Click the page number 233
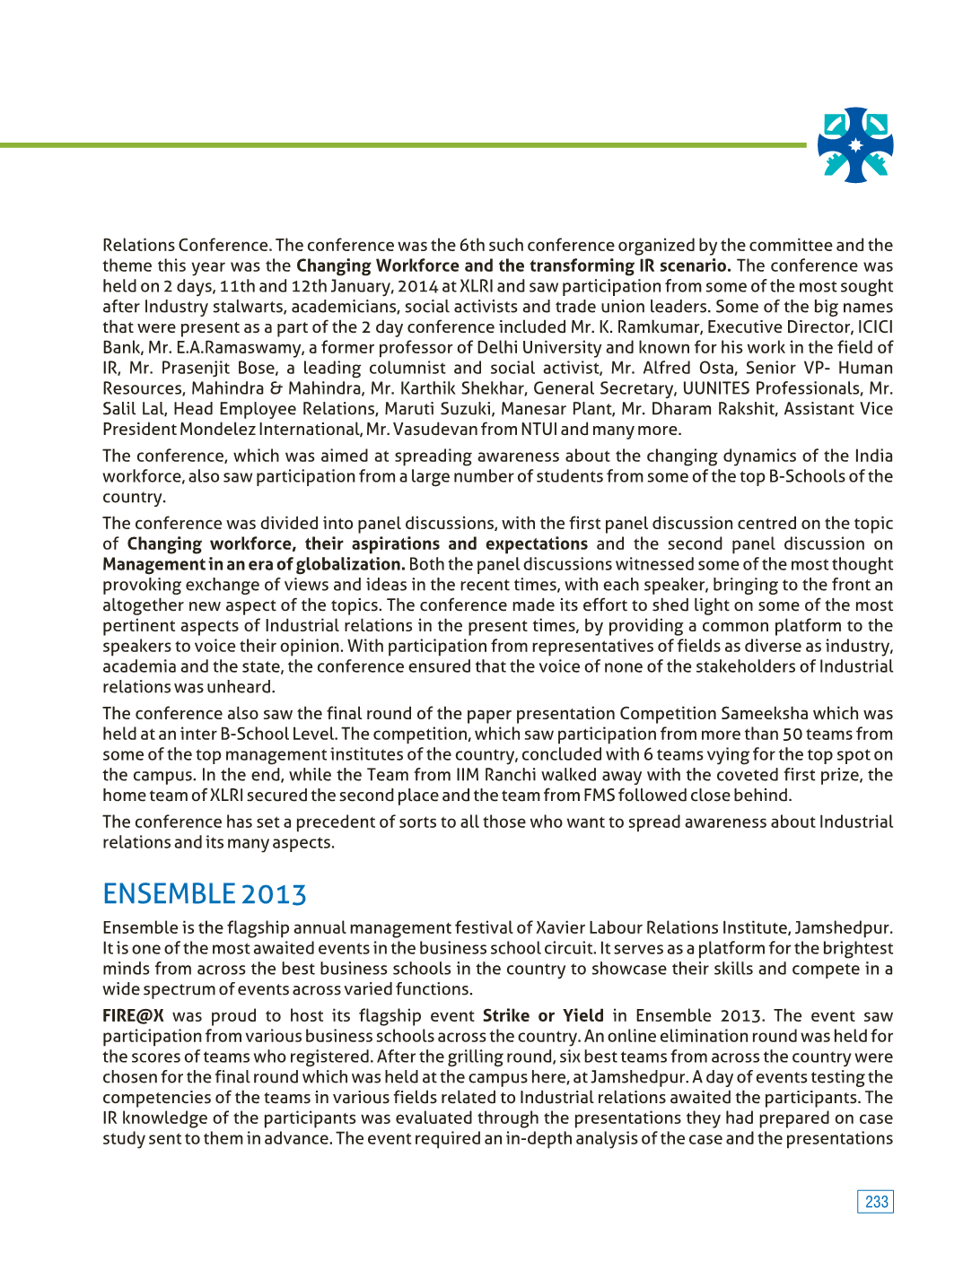coord(876,1202)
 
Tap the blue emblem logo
coord(855,145)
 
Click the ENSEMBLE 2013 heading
coord(205,894)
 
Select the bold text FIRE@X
coord(133,1015)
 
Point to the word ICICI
coord(875,327)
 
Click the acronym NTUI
coord(539,430)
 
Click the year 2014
coord(417,287)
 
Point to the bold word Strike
coord(506,1015)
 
